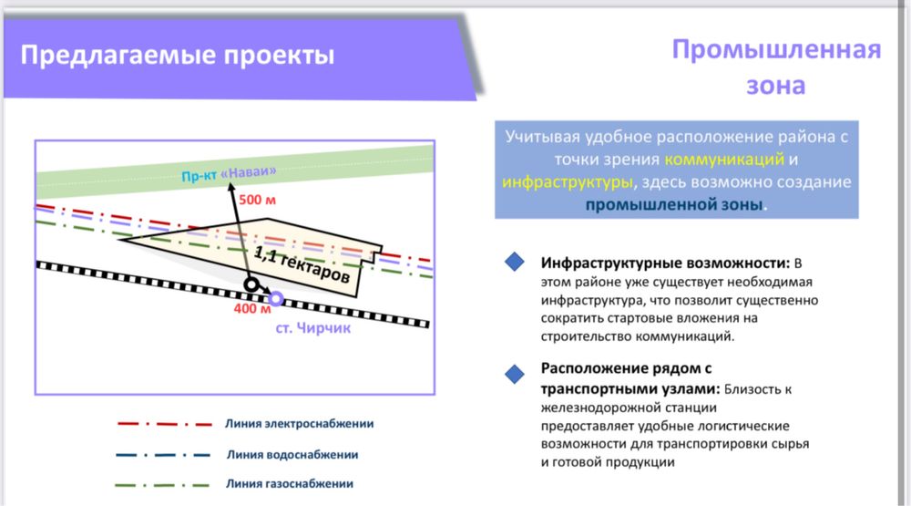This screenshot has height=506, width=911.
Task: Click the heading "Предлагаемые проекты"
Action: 177,56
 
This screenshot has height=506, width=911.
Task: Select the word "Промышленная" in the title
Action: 776,49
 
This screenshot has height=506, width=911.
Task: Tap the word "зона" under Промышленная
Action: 776,86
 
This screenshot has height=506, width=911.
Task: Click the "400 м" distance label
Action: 252,308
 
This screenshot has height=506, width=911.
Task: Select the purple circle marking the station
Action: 276,299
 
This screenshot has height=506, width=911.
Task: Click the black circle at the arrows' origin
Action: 251,285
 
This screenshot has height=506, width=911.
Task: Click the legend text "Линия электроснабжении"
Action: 300,424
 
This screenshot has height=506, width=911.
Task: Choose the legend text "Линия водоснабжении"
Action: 292,454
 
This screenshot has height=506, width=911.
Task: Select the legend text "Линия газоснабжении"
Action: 289,484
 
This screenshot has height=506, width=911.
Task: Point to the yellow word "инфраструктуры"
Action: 566,181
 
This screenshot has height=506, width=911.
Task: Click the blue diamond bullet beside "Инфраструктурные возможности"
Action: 516,263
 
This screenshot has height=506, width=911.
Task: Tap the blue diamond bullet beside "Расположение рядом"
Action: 516,373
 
